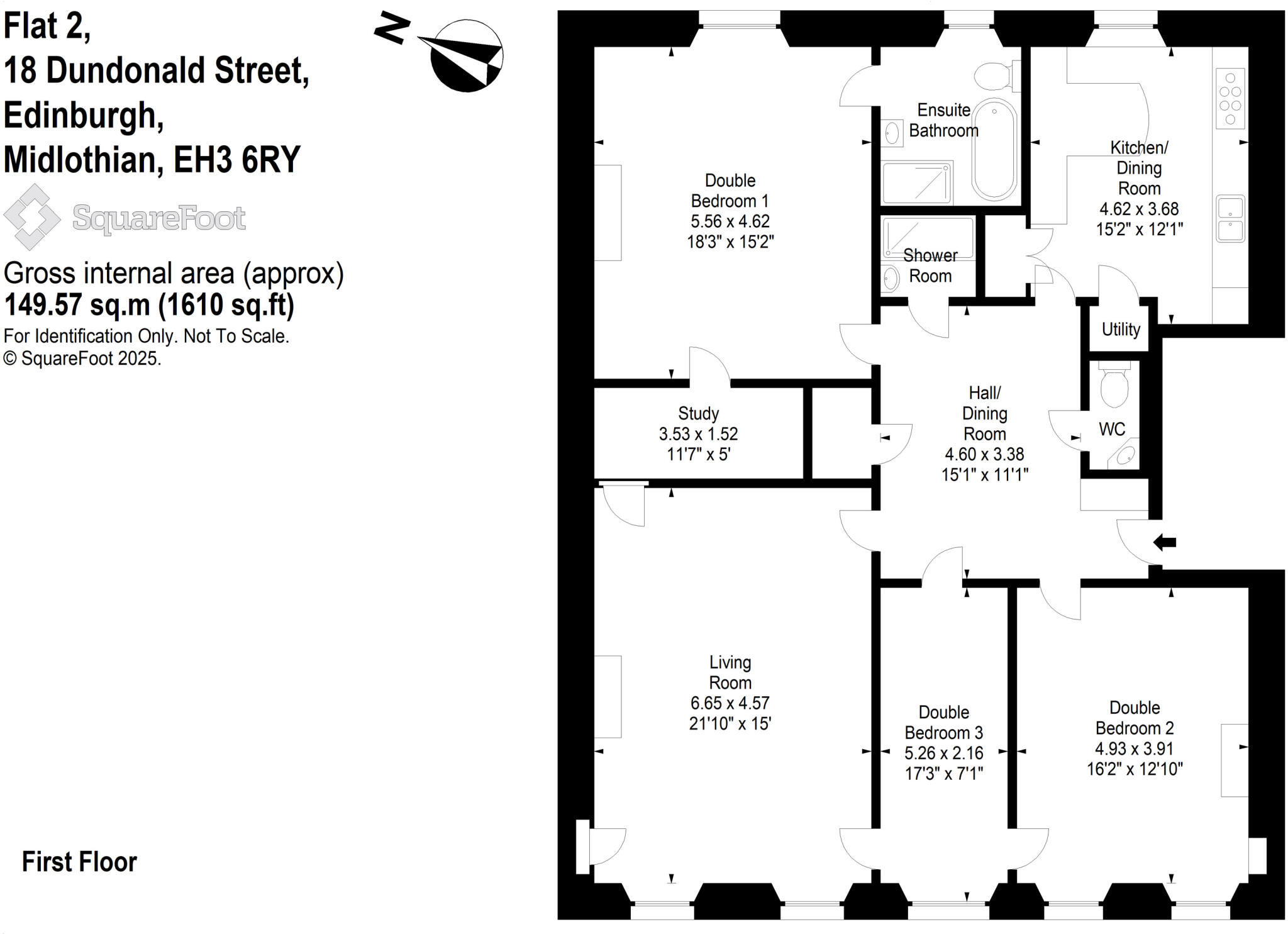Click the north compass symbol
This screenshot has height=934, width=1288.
point(466,56)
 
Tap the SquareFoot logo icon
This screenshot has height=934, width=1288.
point(31,217)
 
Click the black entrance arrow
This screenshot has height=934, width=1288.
point(1164,542)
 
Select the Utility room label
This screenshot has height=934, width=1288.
point(1121,329)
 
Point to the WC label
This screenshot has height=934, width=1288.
point(1111,430)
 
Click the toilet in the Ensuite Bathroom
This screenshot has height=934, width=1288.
point(994,76)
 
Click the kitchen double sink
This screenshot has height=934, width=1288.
point(1230,219)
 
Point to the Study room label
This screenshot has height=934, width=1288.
point(698,413)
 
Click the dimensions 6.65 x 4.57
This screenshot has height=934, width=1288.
point(730,703)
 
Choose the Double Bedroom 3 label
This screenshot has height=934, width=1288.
point(943,723)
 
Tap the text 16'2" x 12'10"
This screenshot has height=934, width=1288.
point(1135,769)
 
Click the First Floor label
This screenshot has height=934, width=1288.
point(79,862)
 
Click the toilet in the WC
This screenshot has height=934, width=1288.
point(1114,386)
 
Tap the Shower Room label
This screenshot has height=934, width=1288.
point(930,265)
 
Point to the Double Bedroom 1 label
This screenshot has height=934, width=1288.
point(730,191)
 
